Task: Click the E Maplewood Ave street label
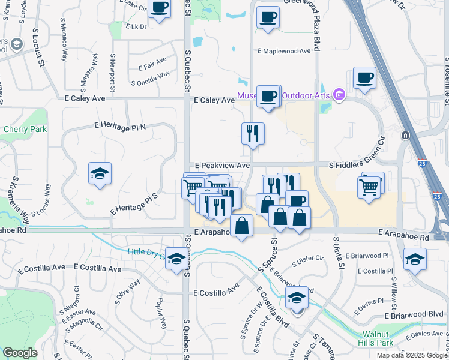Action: (284, 51)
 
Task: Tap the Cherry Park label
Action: (20, 129)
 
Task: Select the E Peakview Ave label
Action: (222, 165)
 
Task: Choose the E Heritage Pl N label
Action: (120, 125)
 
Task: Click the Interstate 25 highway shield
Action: (438, 196)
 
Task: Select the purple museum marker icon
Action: (339, 95)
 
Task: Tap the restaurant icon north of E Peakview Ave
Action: (253, 133)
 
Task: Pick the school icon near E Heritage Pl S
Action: (100, 174)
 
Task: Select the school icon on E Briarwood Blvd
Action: (296, 298)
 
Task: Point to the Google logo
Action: (20, 353)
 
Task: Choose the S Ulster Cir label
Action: (309, 262)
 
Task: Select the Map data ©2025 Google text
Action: (411, 355)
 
